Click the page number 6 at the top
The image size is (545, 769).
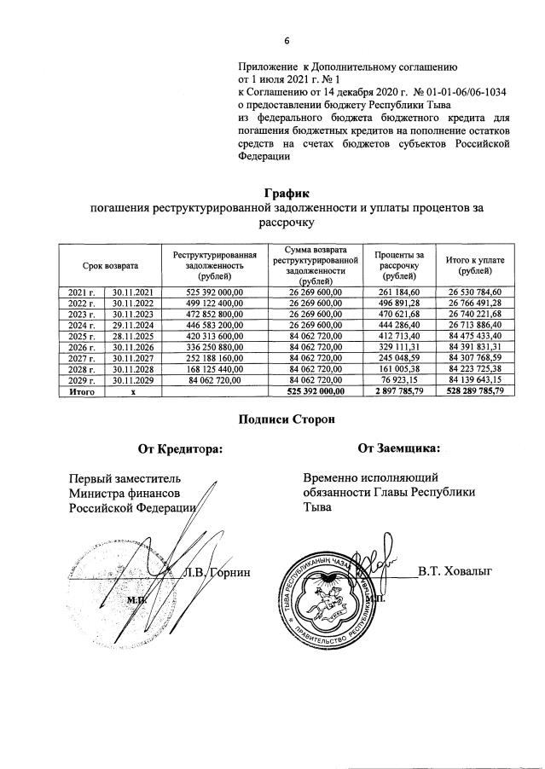click(x=287, y=40)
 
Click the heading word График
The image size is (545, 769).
click(x=287, y=195)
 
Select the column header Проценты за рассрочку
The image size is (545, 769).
click(x=394, y=266)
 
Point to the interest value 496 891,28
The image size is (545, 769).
click(x=394, y=304)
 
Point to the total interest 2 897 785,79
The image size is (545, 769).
click(x=394, y=390)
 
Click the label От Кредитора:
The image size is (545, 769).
click(x=180, y=448)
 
